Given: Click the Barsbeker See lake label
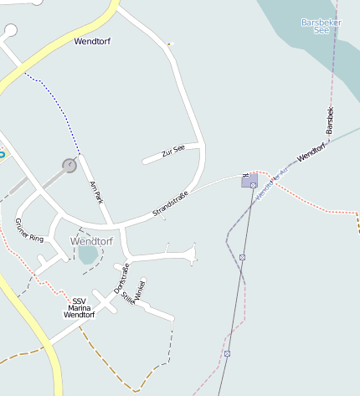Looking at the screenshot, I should pos(321,25).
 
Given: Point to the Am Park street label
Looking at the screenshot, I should pos(96,191).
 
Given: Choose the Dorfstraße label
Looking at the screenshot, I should pos(121,276).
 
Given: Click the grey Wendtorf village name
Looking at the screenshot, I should pos(91,241).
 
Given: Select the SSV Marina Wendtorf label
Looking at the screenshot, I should pos(80,308).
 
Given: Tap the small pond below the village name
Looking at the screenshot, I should pos(88,255).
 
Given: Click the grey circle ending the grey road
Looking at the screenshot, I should pos(69,166).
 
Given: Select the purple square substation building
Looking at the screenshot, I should pos(249,181).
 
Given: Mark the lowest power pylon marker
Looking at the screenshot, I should pos(227,353).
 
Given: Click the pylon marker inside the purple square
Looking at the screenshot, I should pos(254,185).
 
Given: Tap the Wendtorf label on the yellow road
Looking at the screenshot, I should pos(92,41).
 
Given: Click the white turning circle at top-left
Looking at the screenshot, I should pos(10,31).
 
